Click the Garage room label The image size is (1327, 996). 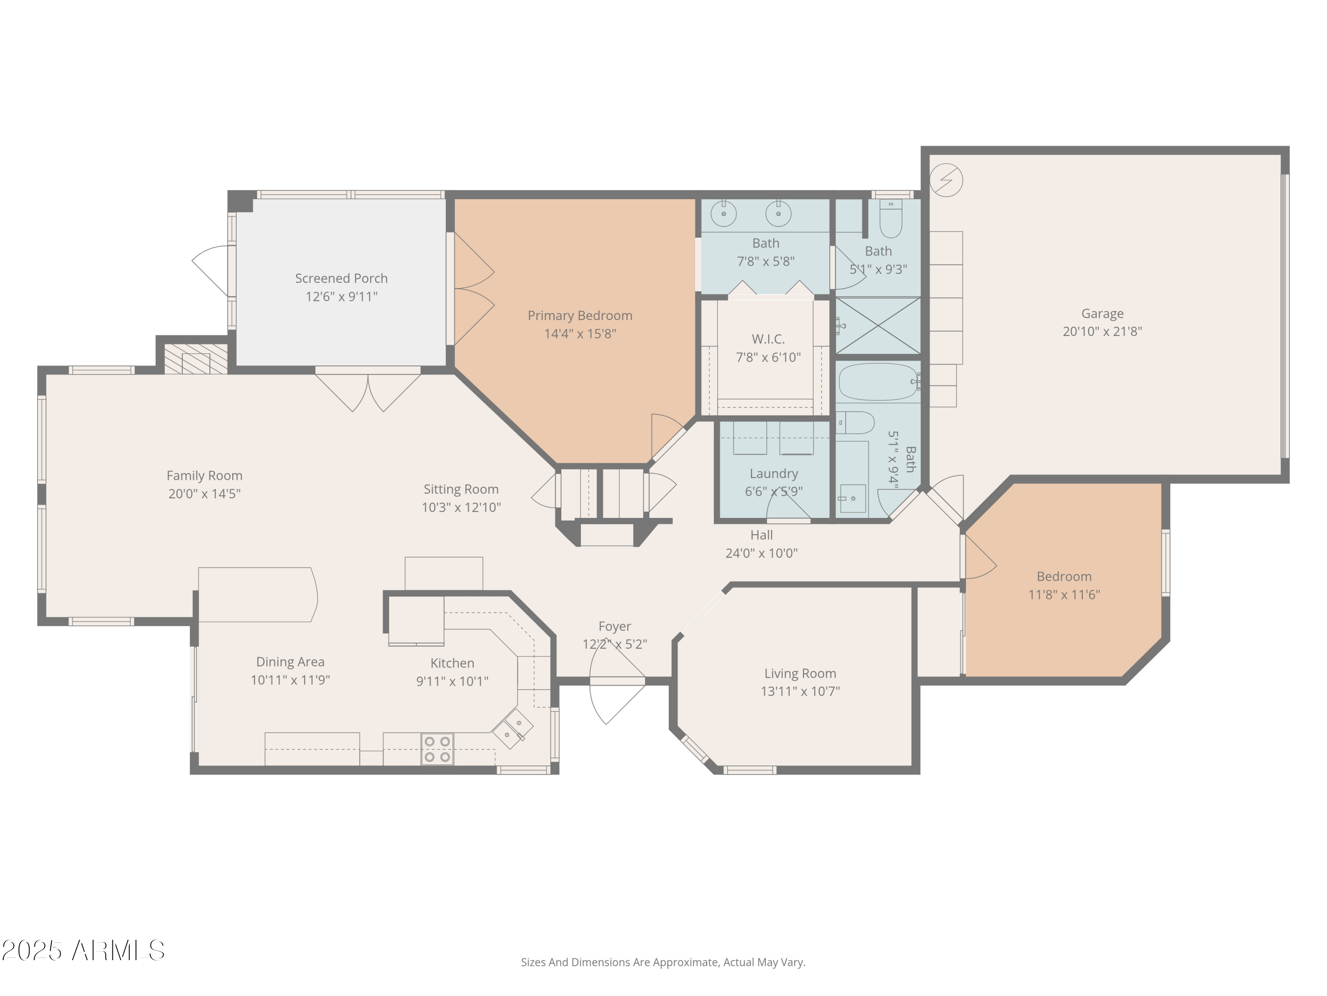coord(1102,313)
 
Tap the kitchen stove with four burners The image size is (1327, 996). coord(437,749)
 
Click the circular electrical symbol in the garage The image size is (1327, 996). coord(946,180)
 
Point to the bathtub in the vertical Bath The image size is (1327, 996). coord(877,382)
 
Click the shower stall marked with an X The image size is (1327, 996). coord(878,326)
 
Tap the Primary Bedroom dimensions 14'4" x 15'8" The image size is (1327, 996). coord(579,334)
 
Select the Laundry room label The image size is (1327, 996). coord(773,474)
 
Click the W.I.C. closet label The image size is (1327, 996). coord(768,339)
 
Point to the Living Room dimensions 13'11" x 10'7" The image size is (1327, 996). coord(800,691)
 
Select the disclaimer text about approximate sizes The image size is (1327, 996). coord(663,962)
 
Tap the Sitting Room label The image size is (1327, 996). coord(461,489)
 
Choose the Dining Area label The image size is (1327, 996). coord(290,662)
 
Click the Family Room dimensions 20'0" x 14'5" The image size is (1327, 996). coord(204,494)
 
